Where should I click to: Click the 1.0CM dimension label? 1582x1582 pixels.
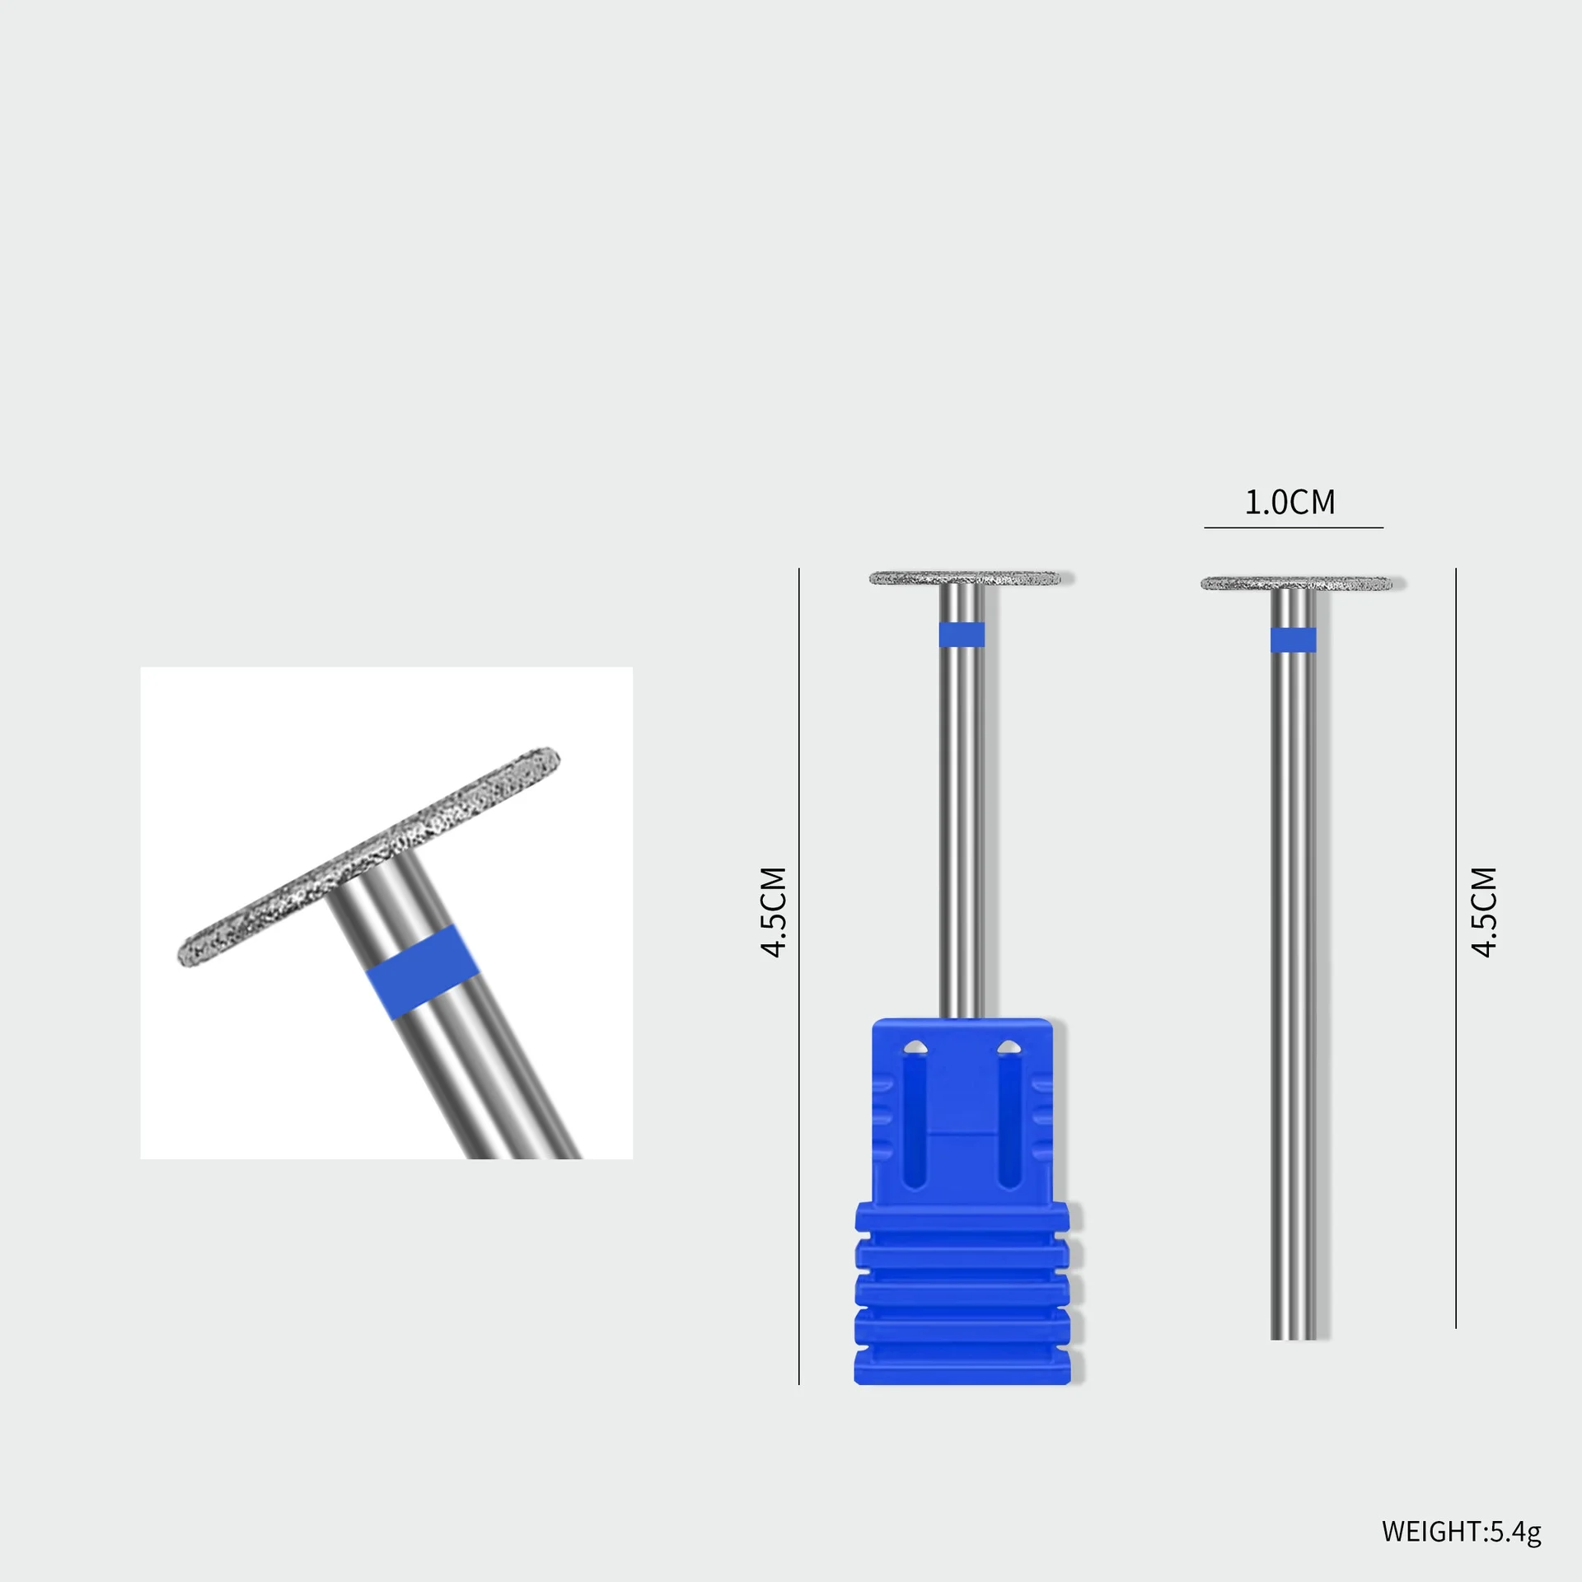click(1289, 502)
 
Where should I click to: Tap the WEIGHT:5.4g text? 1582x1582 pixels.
click(1461, 1532)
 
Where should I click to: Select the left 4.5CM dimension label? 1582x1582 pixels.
click(775, 912)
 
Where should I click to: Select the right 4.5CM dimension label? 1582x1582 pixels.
click(1484, 912)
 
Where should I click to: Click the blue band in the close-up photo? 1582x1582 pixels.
click(421, 972)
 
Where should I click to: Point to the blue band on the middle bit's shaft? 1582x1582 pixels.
click(962, 634)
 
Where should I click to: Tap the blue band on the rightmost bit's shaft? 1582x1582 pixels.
click(1293, 639)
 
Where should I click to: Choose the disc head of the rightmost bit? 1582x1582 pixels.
click(1296, 583)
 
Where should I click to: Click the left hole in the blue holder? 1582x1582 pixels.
click(915, 1048)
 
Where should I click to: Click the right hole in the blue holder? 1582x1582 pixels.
click(1008, 1048)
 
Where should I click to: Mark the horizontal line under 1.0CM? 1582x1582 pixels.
click(1293, 527)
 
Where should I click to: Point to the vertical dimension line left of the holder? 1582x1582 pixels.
click(798, 972)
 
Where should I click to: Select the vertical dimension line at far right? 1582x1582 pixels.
click(1456, 948)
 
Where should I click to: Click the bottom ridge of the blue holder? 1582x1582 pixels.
click(962, 1368)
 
